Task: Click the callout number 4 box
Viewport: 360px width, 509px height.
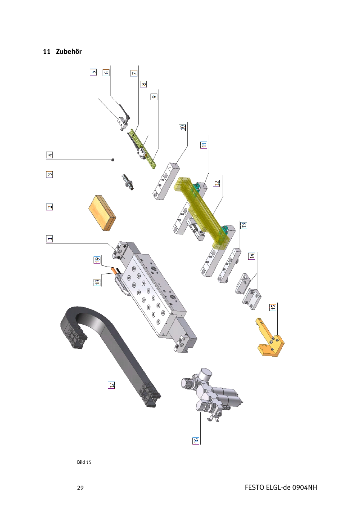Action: [49, 155]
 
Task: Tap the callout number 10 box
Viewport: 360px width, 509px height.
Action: [182, 127]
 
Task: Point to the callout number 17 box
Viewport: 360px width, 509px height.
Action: [111, 385]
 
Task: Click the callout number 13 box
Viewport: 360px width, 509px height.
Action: [243, 225]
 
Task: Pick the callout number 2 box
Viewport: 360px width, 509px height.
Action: [49, 207]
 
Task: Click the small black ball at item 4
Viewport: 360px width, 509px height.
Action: [112, 160]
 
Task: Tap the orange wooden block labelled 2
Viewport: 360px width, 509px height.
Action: [102, 213]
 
